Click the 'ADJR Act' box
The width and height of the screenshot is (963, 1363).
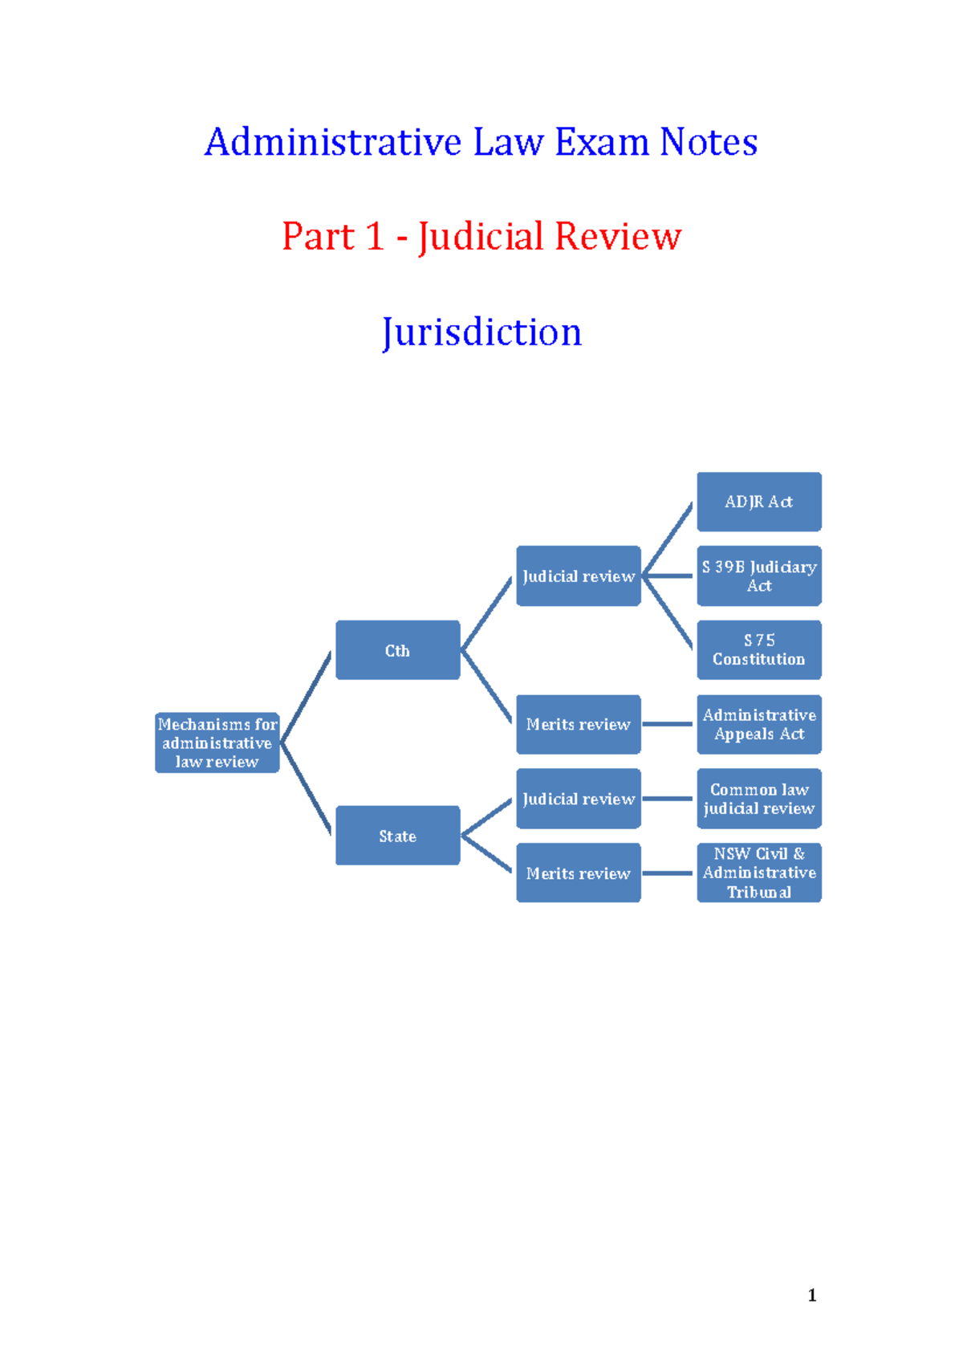(x=758, y=502)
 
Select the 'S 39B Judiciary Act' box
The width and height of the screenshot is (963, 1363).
(x=758, y=576)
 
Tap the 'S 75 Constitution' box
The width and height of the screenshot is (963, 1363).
(x=758, y=649)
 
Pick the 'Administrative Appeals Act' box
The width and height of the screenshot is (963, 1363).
(x=758, y=724)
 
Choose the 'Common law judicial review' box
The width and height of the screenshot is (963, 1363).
(x=758, y=799)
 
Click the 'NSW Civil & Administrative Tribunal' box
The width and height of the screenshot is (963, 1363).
(x=758, y=873)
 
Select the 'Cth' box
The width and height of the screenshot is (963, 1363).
(x=397, y=650)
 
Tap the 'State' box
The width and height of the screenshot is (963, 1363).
(x=397, y=836)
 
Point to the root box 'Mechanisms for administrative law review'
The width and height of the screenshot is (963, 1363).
(x=217, y=743)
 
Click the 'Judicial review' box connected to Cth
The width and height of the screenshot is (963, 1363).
(x=578, y=576)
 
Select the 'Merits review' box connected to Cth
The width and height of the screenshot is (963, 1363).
(x=578, y=724)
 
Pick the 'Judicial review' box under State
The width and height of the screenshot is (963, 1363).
(x=578, y=799)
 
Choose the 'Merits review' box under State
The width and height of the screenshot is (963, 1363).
(x=578, y=873)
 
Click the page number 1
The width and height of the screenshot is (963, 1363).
(x=812, y=1295)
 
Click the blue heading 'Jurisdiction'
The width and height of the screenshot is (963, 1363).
(x=481, y=332)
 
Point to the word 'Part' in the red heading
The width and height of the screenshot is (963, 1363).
(x=318, y=237)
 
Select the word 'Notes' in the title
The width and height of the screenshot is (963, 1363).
(x=708, y=142)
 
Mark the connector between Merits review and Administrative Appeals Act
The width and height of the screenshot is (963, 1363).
(x=668, y=724)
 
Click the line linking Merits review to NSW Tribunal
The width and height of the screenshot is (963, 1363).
(x=668, y=873)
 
